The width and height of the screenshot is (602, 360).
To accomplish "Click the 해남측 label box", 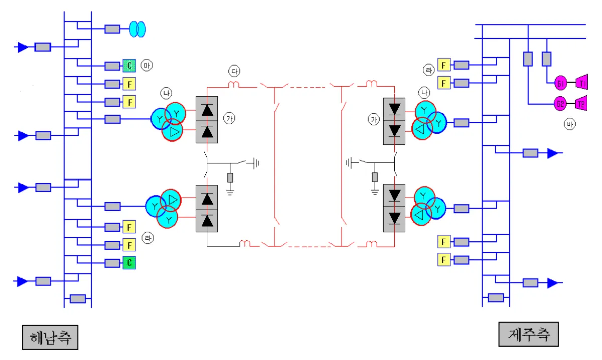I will click(x=50, y=337).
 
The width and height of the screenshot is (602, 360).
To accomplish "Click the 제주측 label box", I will click(x=528, y=334).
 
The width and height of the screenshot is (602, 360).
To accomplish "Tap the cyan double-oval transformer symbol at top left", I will click(x=137, y=29).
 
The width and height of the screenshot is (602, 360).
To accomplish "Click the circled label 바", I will click(x=569, y=125).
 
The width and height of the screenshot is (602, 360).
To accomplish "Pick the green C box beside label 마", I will click(x=129, y=65).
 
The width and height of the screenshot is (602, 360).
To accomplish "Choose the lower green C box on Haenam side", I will click(x=129, y=262).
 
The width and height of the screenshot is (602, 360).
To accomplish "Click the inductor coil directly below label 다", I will click(x=234, y=84).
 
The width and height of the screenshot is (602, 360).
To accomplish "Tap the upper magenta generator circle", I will click(x=561, y=83).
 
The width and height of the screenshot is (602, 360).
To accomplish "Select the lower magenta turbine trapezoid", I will click(x=581, y=104).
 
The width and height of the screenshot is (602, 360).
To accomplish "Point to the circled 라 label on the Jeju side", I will click(x=429, y=70).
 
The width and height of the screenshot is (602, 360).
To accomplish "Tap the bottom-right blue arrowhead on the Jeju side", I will click(x=552, y=283).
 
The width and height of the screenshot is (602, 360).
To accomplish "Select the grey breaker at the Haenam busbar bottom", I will click(x=78, y=299).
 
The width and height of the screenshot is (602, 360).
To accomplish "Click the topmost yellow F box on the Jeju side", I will click(x=443, y=65).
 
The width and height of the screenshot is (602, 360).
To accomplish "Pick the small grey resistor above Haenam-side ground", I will click(x=230, y=177).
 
